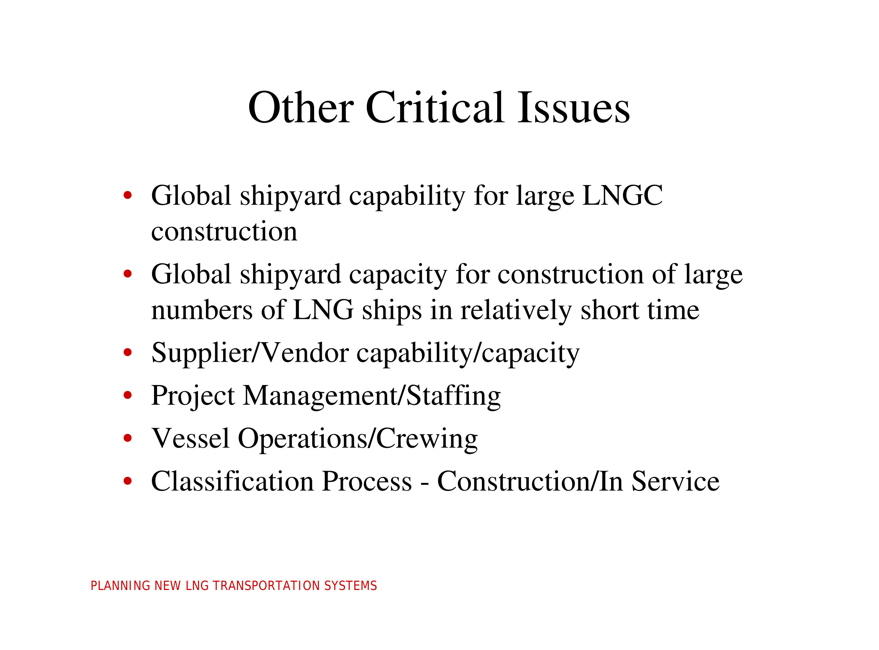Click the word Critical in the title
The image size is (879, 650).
pos(435,107)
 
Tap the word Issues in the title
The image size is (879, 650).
pos(574,107)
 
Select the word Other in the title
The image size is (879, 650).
pos(301,107)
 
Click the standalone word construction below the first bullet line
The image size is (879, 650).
pos(224,232)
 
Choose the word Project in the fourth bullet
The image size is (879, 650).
pos(193,396)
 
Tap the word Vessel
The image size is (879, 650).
pos(191,438)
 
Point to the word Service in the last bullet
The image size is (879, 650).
pos(675,481)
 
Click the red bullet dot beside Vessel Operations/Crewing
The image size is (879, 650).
pos(127,438)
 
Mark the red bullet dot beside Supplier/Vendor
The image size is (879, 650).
pos(127,353)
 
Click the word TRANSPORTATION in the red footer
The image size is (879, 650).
pos(267,586)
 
